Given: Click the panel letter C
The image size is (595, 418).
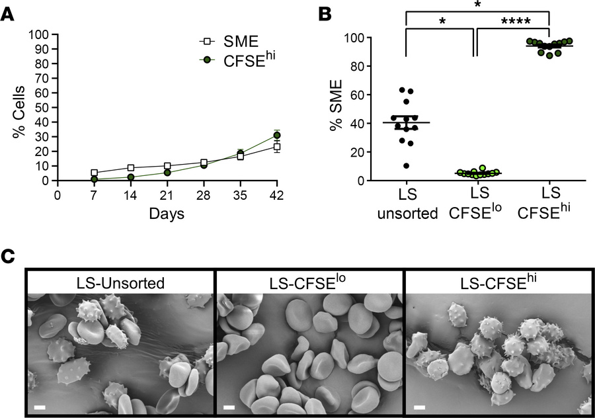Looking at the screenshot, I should click(9, 257).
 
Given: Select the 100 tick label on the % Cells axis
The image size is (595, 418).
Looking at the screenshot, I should click(42, 34).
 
